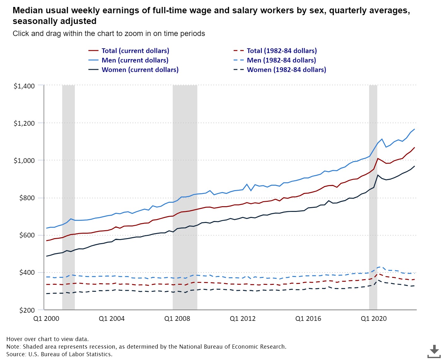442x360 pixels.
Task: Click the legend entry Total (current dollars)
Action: point(135,51)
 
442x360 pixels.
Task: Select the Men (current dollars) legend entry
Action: point(135,60)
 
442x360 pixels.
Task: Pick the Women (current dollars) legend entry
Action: point(140,70)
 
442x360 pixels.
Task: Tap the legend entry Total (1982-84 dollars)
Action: point(282,51)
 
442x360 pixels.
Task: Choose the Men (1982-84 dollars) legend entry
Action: point(281,60)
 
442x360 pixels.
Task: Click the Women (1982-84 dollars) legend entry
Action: point(286,70)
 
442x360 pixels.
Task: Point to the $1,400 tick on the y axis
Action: point(24,86)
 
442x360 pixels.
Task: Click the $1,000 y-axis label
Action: point(24,160)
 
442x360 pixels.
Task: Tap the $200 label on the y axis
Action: point(27,310)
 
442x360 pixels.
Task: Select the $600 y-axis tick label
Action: point(27,235)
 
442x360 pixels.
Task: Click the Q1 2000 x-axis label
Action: point(46,319)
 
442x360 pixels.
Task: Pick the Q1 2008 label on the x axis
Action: point(177,319)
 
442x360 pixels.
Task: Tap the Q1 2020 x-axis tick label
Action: point(373,319)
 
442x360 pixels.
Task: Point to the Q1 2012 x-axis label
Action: point(242,319)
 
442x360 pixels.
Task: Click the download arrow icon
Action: point(434,351)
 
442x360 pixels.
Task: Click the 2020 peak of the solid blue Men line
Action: point(382,139)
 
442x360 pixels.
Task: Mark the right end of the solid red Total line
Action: point(415,147)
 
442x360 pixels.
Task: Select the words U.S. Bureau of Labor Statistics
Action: point(70,354)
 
